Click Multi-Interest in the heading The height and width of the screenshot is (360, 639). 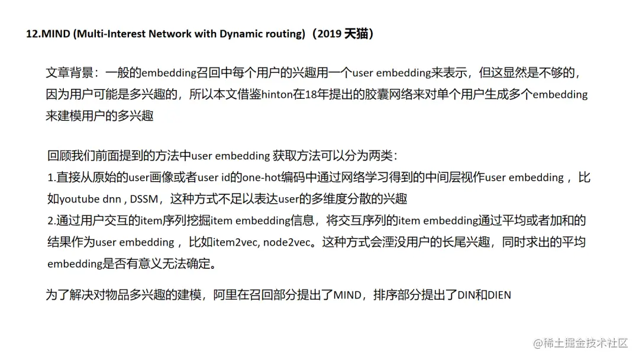click(113, 34)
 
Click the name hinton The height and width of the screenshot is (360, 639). click(277, 95)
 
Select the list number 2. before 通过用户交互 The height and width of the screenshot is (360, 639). click(51, 221)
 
